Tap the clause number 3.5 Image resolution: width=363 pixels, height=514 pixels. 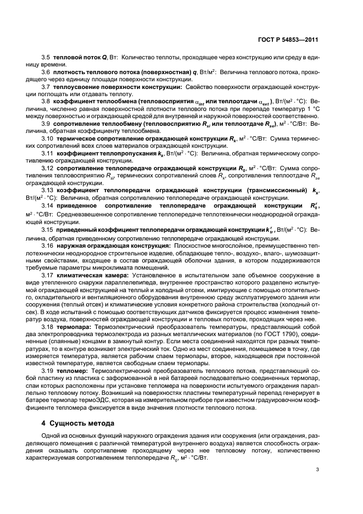[46, 58]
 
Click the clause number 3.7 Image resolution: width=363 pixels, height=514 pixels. [46, 87]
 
